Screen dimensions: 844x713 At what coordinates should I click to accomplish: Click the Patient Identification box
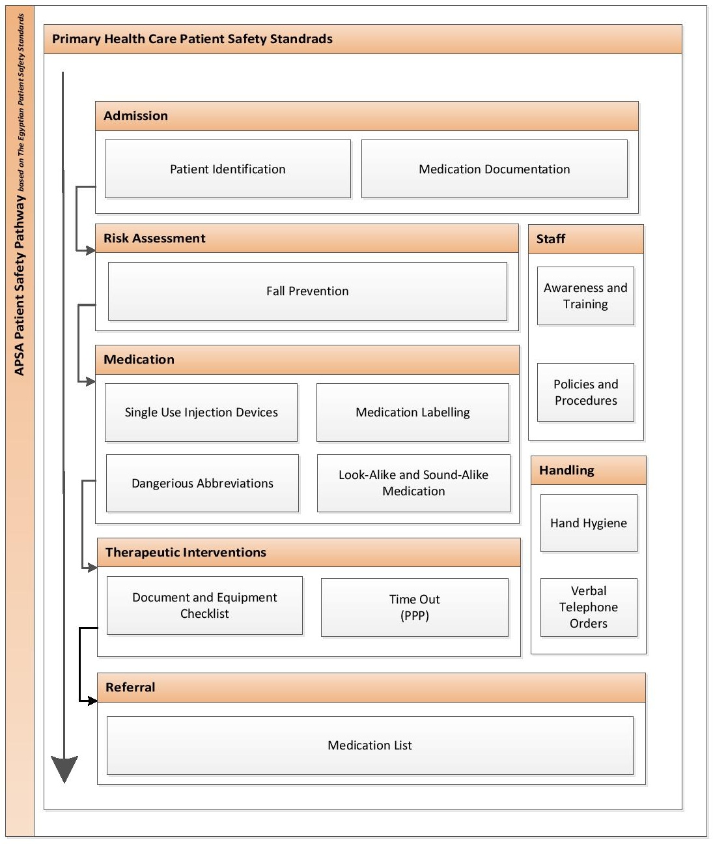227,169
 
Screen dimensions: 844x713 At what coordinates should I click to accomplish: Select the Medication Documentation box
494,169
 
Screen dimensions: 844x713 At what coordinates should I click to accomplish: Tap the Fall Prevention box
307,291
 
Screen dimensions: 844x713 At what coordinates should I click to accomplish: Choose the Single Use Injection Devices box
201,413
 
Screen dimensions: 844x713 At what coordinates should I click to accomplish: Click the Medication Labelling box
412,413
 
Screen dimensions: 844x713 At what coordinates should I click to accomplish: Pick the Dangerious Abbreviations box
202,483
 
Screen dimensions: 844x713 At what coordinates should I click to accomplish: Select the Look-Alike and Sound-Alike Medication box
413,483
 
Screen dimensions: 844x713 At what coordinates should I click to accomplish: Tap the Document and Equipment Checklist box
204,605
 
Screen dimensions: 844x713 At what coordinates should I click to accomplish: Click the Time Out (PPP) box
414,607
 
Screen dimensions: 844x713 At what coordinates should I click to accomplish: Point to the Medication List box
370,746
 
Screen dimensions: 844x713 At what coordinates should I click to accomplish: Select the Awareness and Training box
585,296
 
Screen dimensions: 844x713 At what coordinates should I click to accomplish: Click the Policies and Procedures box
585,392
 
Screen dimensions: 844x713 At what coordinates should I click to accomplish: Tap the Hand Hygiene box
589,523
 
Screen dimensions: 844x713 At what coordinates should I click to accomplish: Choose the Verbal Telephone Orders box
589,607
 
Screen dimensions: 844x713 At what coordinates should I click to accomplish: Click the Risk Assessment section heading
154,239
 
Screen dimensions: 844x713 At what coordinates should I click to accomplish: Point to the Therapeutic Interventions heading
186,553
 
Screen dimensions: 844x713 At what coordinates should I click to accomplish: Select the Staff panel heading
551,239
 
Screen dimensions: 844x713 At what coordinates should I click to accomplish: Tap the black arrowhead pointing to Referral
92,701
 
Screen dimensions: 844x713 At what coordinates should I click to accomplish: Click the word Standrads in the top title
301,39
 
